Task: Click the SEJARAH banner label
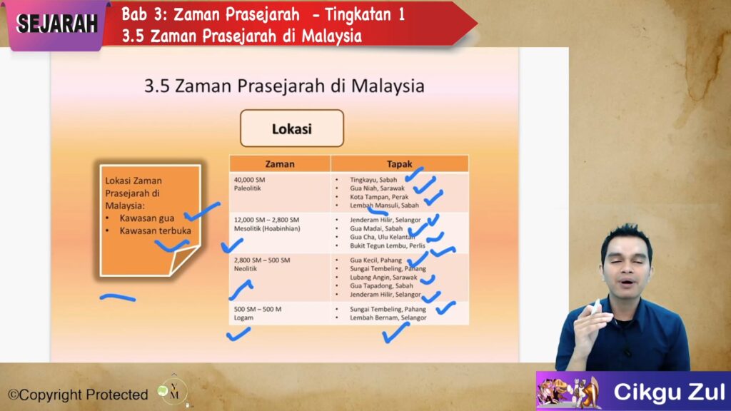pos(56,24)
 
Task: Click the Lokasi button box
pos(292,129)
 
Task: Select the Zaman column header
pos(279,164)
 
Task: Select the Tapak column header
pos(399,164)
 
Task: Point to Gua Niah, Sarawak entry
pos(377,188)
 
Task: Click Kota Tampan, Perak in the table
pos(378,197)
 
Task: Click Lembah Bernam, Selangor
pos(388,318)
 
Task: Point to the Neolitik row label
pos(246,270)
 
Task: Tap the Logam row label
pos(244,318)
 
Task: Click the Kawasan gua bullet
pos(146,218)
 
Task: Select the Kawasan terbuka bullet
pos(155,230)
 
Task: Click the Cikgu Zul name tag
pos(668,392)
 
